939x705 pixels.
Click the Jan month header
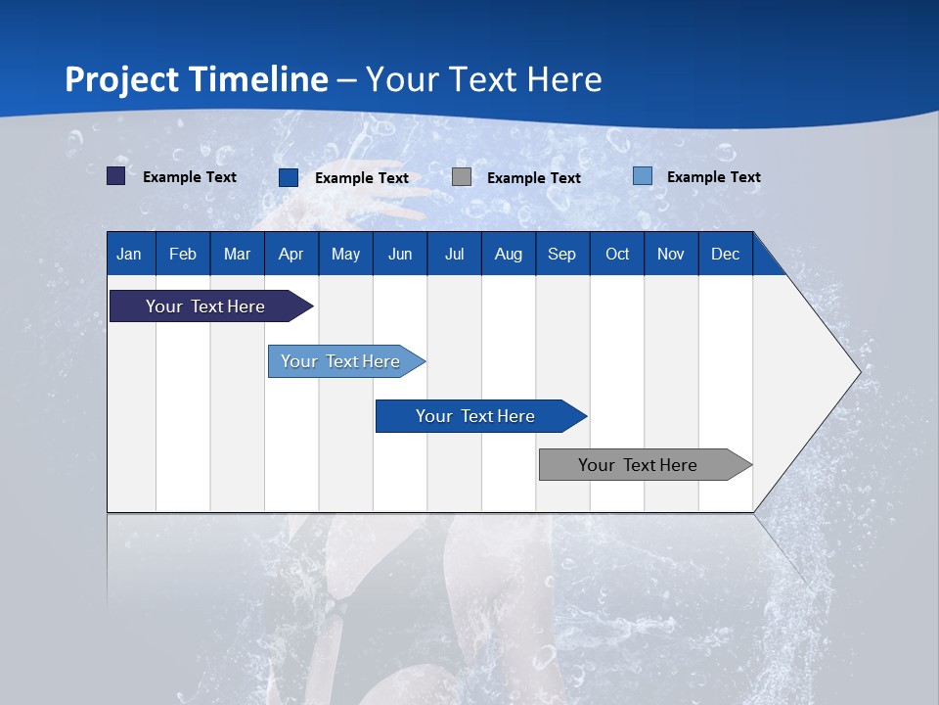(129, 254)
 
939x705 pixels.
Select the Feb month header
(183, 254)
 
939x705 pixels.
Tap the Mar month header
(237, 254)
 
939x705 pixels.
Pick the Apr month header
(291, 254)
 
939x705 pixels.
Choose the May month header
(345, 254)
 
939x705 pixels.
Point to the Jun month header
(400, 254)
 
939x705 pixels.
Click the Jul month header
(454, 254)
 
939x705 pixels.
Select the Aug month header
(508, 254)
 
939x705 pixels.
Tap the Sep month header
(561, 254)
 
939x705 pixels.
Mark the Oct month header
(617, 254)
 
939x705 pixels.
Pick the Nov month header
(671, 254)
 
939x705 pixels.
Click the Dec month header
(725, 254)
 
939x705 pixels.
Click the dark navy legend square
(115, 176)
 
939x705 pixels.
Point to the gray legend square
(462, 177)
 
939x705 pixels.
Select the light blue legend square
(642, 176)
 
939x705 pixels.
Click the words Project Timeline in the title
(197, 79)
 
